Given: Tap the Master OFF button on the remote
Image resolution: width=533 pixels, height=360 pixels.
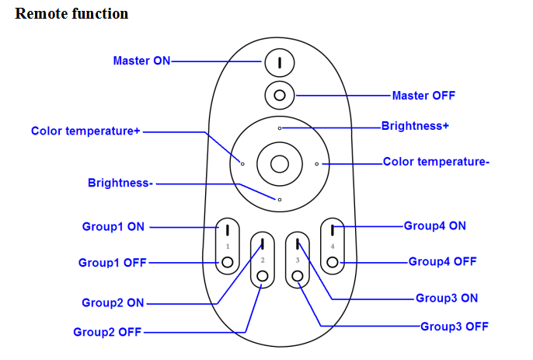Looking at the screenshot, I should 279,96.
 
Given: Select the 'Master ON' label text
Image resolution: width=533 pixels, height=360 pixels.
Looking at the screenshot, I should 141,61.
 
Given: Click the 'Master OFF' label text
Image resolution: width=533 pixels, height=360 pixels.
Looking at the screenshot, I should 423,96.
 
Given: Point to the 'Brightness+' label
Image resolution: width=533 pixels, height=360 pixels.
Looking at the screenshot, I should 415,125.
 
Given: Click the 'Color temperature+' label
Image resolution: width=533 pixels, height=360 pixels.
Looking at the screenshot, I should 85,131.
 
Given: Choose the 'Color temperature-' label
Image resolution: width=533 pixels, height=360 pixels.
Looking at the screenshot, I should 436,163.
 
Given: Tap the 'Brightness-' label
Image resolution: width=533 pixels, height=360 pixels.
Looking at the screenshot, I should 121,183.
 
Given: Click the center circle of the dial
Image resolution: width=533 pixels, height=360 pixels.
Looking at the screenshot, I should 279,163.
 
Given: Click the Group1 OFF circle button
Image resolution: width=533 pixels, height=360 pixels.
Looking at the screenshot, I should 227,262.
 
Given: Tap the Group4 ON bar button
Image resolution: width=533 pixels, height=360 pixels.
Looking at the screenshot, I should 333,229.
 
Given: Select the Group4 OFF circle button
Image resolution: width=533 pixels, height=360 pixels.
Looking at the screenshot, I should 333,262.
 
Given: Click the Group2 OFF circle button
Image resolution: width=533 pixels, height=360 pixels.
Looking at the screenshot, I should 263,276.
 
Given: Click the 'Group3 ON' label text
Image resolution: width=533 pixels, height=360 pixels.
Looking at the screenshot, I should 447,298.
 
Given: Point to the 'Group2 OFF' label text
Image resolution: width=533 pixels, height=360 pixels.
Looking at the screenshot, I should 108,332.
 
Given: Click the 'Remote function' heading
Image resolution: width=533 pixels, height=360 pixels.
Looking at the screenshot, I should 71,14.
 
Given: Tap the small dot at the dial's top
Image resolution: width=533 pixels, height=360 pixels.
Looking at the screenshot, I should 280,127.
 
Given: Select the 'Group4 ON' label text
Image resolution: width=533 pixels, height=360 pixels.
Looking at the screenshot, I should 435,225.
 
